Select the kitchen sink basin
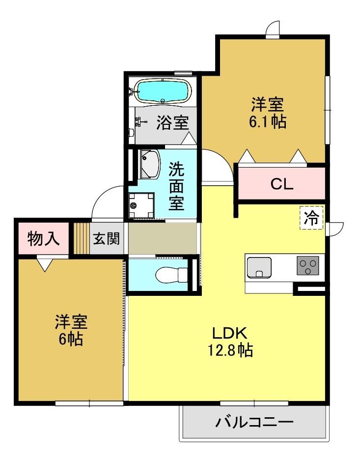(x=259, y=267)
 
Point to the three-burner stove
(x=307, y=265)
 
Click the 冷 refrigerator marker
(x=311, y=218)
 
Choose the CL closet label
(x=282, y=184)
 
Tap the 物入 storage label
(x=44, y=238)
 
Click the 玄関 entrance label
(x=107, y=238)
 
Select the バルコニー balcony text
(x=254, y=423)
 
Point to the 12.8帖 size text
(x=230, y=350)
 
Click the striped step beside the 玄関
(x=81, y=238)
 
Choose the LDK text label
(x=229, y=333)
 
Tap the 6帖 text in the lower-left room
(x=71, y=339)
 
